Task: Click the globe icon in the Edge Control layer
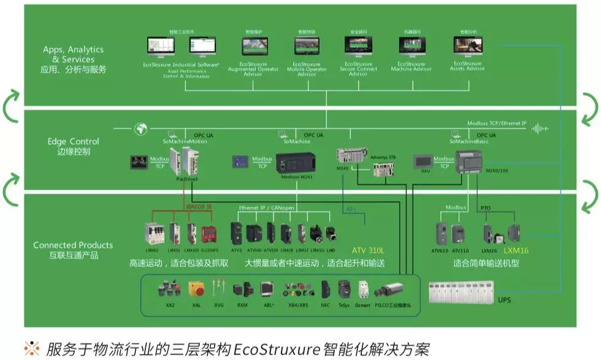click(141, 129)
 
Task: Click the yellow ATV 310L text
click(368, 250)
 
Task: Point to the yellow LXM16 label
click(516, 250)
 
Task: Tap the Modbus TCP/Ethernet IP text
click(496, 123)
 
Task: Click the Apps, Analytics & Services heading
click(73, 54)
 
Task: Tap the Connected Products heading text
click(73, 245)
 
